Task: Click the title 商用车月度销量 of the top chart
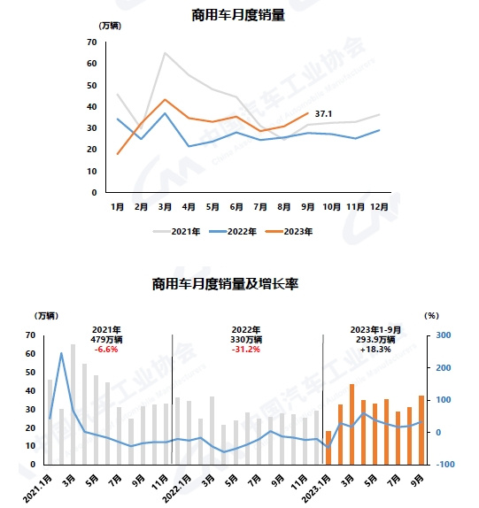tap(238, 15)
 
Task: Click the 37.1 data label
tap(323, 113)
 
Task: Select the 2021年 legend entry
tap(176, 232)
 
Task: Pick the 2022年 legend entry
tap(233, 232)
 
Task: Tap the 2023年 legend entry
tap(289, 232)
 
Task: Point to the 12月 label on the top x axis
tap(379, 207)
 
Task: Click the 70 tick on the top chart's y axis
tap(92, 42)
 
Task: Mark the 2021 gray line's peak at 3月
tap(165, 52)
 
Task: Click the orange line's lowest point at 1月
tap(118, 154)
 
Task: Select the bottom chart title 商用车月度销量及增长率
tap(225, 284)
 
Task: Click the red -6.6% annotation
tap(106, 350)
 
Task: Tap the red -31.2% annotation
tap(246, 350)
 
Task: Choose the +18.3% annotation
tap(375, 350)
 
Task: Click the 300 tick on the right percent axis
tap(444, 335)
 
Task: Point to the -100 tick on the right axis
tap(445, 465)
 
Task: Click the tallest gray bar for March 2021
tap(73, 404)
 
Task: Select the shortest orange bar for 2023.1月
tap(328, 448)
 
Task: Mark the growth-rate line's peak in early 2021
tap(61, 353)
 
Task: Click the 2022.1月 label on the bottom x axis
tap(177, 489)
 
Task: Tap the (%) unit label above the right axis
tap(432, 316)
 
